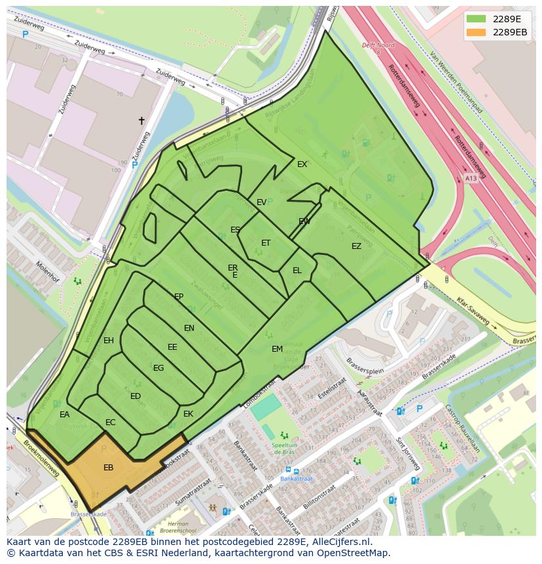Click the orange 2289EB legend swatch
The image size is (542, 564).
click(x=476, y=32)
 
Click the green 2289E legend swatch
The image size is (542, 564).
click(x=476, y=19)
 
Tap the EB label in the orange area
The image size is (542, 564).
click(x=109, y=467)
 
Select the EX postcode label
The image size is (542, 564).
click(x=302, y=164)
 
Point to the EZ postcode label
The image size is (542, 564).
click(x=356, y=246)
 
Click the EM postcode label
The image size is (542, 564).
click(x=277, y=349)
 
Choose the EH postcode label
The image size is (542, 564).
click(x=109, y=340)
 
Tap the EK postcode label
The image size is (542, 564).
click(x=189, y=413)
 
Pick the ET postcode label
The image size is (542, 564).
click(x=266, y=242)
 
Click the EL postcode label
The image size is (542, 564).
click(x=297, y=270)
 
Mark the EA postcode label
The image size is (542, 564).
click(x=64, y=414)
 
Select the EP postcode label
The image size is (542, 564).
click(x=179, y=296)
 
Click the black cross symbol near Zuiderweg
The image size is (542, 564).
click(x=141, y=121)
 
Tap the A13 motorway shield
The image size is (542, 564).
click(x=470, y=178)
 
